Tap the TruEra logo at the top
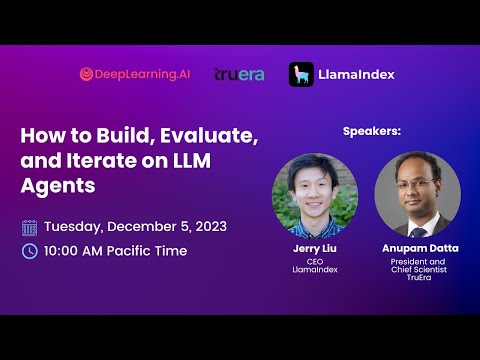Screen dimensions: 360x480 pos(239,74)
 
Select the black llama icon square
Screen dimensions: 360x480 pos(301,74)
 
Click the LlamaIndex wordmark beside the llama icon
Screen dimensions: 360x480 pos(355,74)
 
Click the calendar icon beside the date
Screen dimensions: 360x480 pos(29,227)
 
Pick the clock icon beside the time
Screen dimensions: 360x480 pos(29,251)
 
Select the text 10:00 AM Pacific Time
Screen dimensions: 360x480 pos(115,251)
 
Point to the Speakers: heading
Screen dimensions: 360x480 pos(372,131)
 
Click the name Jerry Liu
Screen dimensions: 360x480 pos(314,248)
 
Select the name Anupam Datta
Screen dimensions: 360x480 pos(417,248)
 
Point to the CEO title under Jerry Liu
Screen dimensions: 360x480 pos(314,260)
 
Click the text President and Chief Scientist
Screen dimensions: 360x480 pos(417,265)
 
